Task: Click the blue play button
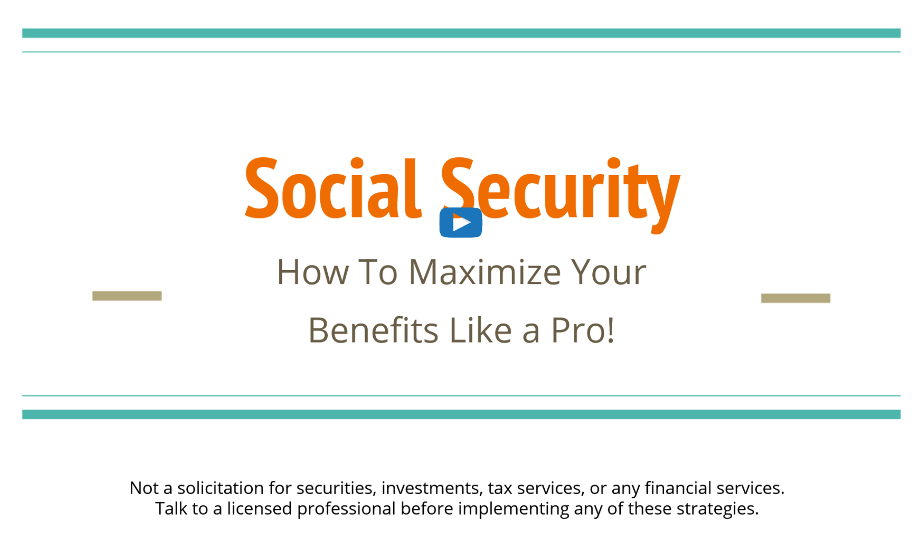point(461,223)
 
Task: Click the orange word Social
point(333,188)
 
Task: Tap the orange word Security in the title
point(561,194)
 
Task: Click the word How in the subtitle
point(313,272)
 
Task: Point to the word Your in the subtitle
point(608,272)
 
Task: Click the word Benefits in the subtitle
point(373,330)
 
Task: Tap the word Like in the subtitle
point(480,330)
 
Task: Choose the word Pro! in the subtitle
point(582,330)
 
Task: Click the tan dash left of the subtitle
point(127,296)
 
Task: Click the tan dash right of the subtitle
point(796,298)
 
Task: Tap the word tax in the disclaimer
point(500,489)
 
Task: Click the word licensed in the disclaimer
point(259,508)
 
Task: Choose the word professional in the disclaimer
point(347,509)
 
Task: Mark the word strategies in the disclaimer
point(717,509)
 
